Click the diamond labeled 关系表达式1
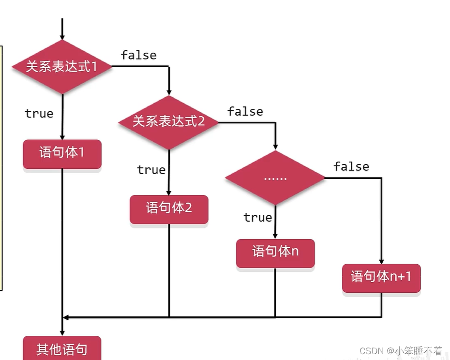62,67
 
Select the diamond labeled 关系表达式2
169,121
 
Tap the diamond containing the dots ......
275,178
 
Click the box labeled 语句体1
62,153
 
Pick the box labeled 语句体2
169,209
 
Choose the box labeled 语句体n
275,252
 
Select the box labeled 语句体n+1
381,277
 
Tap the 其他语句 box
62,349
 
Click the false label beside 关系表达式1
139,55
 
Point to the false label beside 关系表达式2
245,112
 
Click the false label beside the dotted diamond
351,167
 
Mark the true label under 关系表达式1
39,114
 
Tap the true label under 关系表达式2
151,170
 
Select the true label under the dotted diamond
257,218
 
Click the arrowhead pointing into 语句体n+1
381,261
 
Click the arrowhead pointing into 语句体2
169,192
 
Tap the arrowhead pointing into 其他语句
62,333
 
